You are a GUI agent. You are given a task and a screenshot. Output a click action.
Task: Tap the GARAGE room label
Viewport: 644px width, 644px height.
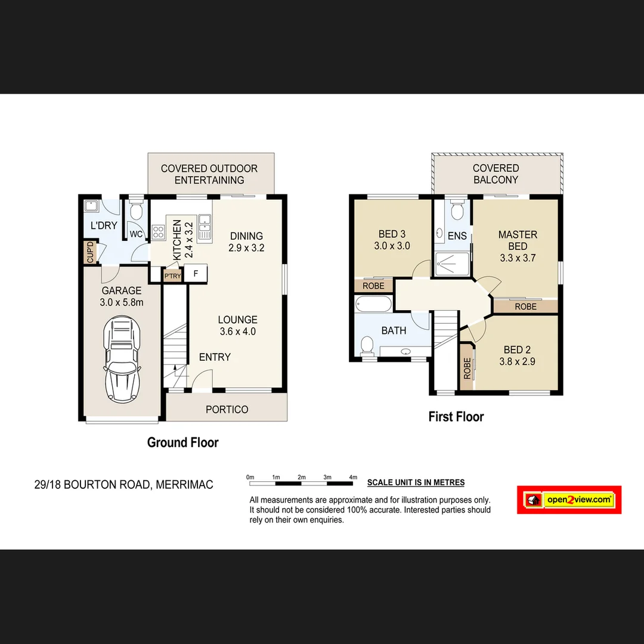[x=121, y=291]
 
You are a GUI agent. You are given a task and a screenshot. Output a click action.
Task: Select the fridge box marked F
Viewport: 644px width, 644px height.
[x=196, y=274]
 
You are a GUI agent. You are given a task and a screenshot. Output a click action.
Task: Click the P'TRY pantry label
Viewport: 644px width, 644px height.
[x=172, y=276]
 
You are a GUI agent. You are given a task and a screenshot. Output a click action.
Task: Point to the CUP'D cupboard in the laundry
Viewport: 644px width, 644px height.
[x=90, y=252]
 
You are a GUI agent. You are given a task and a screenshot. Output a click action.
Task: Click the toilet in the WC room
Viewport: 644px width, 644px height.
[x=136, y=210]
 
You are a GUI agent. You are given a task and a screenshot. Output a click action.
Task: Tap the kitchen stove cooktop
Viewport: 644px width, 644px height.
[x=159, y=232]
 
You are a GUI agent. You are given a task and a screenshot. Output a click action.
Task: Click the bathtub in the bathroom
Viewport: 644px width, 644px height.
[x=373, y=304]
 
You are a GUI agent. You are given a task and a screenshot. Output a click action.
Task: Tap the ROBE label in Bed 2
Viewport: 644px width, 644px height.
[x=467, y=368]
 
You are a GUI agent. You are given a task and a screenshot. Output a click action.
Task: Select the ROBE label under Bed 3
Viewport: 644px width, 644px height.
[x=373, y=286]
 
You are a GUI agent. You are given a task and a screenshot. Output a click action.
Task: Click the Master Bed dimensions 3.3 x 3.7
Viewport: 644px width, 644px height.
[x=518, y=258]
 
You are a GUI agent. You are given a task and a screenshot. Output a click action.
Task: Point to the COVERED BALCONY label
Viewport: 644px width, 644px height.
[x=496, y=174]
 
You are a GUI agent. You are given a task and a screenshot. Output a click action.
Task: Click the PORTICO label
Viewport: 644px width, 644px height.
[x=227, y=410]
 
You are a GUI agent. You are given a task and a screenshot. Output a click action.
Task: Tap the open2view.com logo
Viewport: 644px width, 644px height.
[x=569, y=500]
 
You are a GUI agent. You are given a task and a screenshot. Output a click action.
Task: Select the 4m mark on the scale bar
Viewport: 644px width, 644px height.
[x=352, y=477]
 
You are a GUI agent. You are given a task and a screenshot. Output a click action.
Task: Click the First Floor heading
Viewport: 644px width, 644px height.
[x=456, y=417]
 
